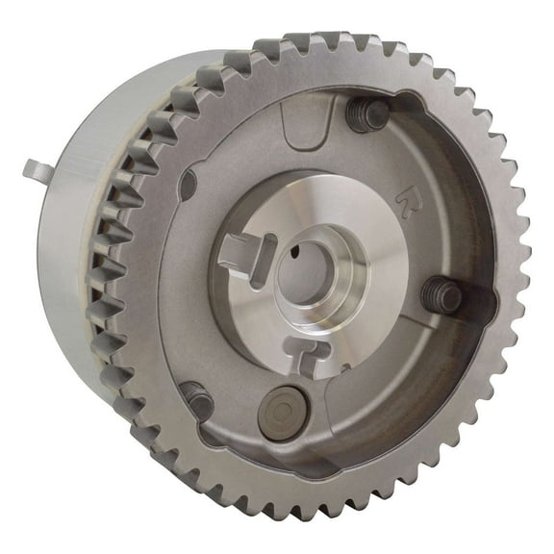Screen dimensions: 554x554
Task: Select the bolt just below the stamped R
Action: click(x=444, y=295)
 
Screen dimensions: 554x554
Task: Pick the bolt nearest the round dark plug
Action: click(x=197, y=396)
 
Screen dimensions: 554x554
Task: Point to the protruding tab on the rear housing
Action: click(x=36, y=170)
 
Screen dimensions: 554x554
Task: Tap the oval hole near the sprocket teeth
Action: click(x=188, y=183)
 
